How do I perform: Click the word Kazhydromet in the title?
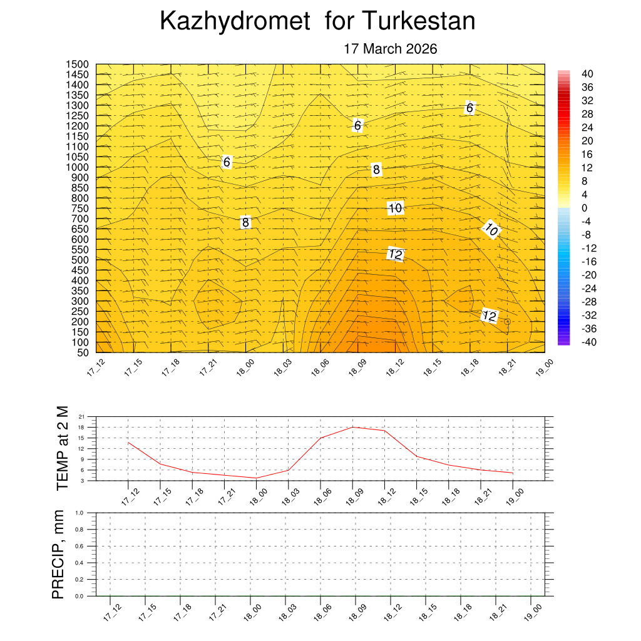[234, 22]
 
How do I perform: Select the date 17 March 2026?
[390, 49]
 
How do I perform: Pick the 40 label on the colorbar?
[587, 73]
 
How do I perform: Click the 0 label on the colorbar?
[585, 208]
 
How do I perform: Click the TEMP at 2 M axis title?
[62, 448]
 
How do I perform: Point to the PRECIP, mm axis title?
[58, 554]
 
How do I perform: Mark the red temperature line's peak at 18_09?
[352, 427]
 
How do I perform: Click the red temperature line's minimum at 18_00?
[256, 478]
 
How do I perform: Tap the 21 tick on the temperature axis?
[82, 416]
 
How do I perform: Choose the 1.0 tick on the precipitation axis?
[79, 513]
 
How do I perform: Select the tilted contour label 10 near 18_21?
[491, 230]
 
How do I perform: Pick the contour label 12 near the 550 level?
[395, 254]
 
